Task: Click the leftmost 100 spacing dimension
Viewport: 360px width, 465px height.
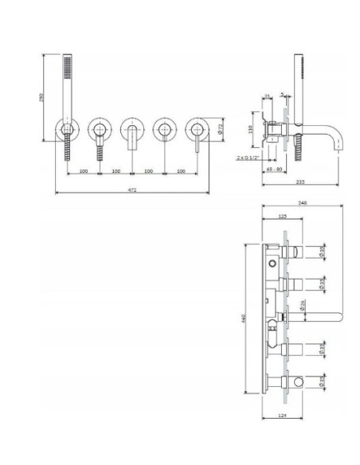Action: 84,170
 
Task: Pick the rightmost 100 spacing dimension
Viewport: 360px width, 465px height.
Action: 181,170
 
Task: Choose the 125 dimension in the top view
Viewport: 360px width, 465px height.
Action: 282,216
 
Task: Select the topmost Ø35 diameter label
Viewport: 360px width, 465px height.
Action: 323,252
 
